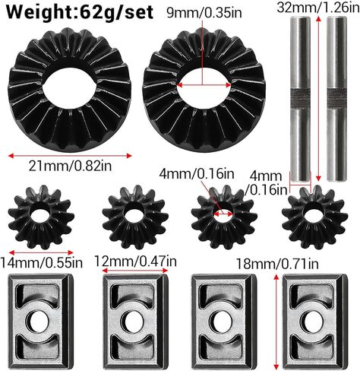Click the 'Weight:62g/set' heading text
click(80, 11)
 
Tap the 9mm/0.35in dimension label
click(204, 13)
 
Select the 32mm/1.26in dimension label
click(318, 8)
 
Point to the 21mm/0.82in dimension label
click(70, 166)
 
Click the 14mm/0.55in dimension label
click(42, 262)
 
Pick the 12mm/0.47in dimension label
click(135, 261)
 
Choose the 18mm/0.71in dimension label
click(277, 264)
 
